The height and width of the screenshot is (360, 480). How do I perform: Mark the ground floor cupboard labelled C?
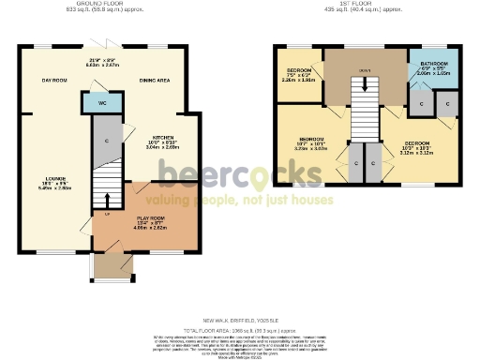point(108,141)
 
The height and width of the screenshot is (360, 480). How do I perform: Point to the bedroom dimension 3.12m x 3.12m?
point(419,154)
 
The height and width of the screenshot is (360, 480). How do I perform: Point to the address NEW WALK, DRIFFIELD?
point(238,320)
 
